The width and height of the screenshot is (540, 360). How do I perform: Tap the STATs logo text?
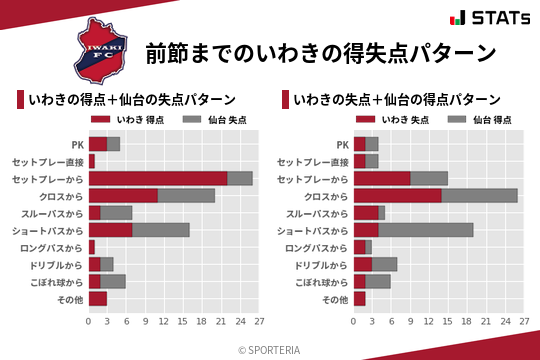click(496, 18)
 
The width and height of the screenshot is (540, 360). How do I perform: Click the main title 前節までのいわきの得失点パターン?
click(320, 52)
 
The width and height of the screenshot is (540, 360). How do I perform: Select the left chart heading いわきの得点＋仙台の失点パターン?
click(132, 100)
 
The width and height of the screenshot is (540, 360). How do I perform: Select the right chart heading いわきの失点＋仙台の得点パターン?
click(397, 100)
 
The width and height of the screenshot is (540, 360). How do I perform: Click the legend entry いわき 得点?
click(137, 121)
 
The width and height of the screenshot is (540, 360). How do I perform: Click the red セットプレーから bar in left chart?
click(158, 178)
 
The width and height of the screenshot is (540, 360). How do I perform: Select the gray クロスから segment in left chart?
click(186, 195)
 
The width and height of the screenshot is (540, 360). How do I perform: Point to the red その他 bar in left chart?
click(98, 298)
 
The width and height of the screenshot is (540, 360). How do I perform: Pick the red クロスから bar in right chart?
click(398, 195)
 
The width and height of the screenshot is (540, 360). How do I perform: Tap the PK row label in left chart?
click(77, 144)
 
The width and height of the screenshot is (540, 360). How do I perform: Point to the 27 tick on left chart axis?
click(259, 322)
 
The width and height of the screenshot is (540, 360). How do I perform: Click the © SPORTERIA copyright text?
click(270, 349)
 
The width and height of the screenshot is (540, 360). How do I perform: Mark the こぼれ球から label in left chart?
click(56, 281)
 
